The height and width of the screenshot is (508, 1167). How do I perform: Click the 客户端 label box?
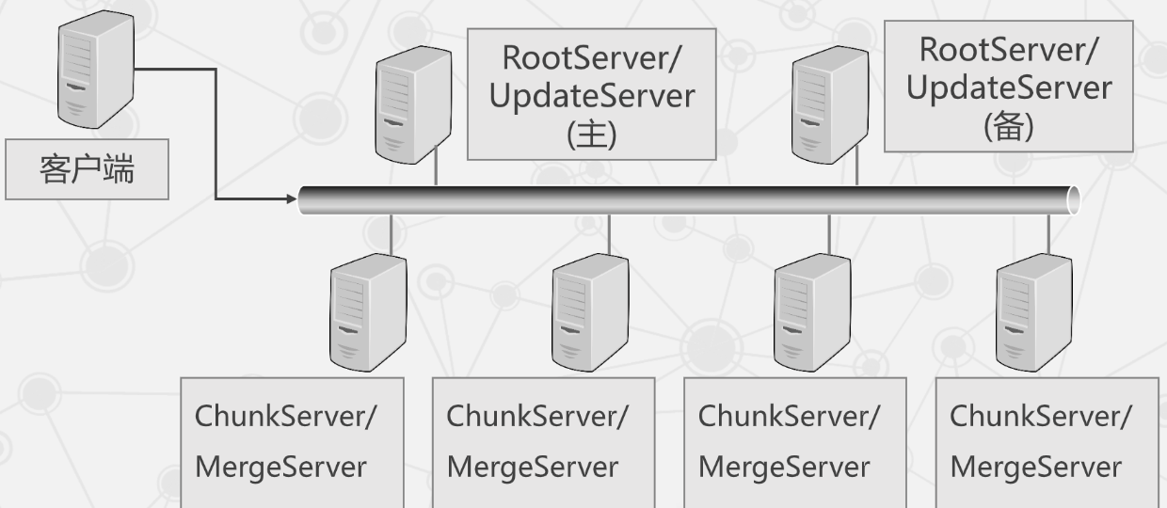[87, 171]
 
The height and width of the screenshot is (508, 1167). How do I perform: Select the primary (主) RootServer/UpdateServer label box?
[591, 94]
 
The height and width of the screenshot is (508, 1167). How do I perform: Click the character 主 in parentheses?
[590, 135]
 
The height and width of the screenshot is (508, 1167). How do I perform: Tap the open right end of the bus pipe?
[1074, 200]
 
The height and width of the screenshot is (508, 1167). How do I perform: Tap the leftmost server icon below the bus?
[368, 311]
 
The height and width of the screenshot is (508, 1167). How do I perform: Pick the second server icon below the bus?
[589, 311]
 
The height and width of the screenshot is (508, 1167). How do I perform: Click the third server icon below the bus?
[811, 311]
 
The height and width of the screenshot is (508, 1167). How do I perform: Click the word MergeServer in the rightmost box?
[1035, 467]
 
